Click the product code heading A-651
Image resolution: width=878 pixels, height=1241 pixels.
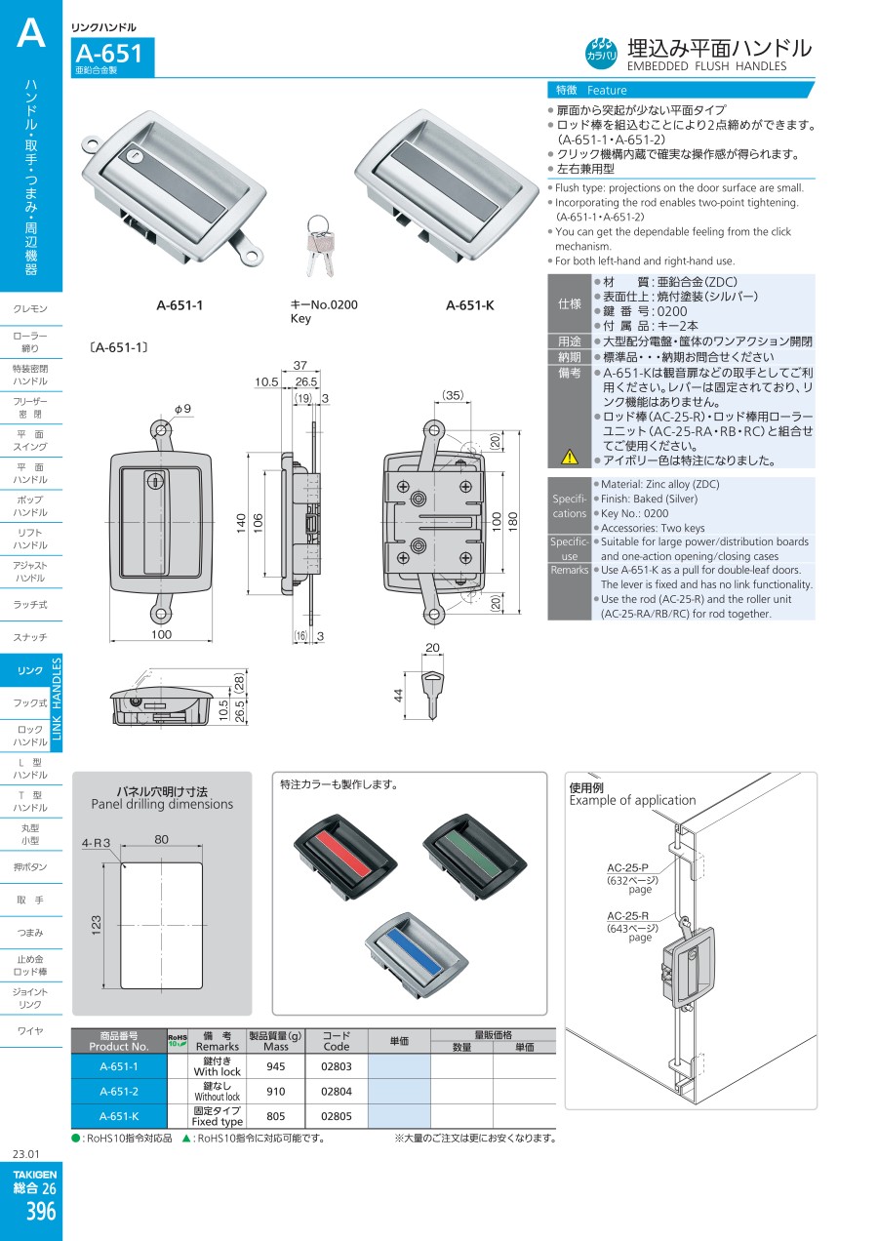[108, 54]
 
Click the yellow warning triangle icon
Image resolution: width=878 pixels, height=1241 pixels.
[570, 457]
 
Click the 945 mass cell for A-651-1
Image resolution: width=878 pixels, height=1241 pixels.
[276, 1066]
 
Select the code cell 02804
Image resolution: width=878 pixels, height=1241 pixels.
[336, 1092]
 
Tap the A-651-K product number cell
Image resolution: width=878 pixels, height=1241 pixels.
[119, 1117]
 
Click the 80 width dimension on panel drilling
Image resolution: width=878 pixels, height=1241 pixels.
[161, 838]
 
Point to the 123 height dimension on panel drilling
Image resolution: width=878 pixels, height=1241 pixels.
[96, 924]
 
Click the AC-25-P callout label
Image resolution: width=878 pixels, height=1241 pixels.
[628, 867]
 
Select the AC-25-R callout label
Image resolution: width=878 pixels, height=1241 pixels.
[628, 916]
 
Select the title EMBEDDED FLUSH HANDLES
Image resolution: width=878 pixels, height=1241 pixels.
[706, 66]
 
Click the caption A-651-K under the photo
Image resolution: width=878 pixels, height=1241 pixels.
[470, 305]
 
